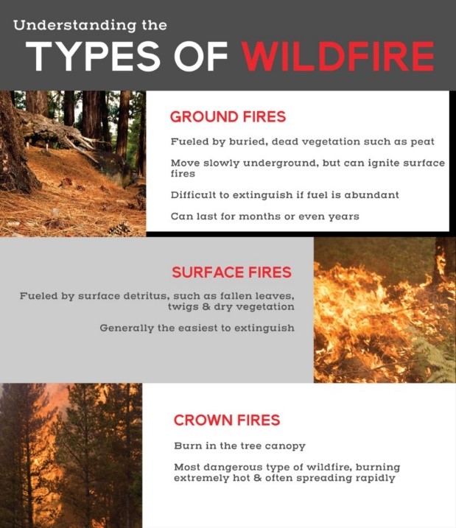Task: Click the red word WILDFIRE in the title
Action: (338, 56)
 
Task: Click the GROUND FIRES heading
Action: (228, 117)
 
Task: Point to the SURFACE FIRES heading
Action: (232, 272)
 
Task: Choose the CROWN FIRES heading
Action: (227, 420)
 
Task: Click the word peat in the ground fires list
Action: (422, 142)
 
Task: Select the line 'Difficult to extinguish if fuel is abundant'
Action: (285, 195)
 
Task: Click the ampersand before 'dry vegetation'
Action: (206, 307)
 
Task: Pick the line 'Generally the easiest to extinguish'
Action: (197, 328)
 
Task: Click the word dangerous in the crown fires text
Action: (233, 468)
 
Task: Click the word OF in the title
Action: (201, 56)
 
